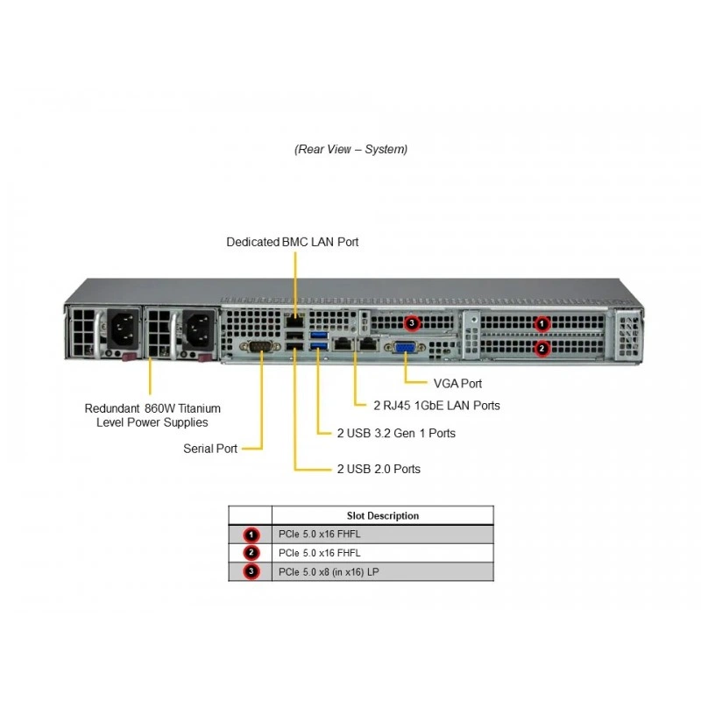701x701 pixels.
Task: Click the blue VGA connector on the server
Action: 404,346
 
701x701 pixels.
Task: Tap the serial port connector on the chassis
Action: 259,346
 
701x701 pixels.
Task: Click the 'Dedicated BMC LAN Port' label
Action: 293,242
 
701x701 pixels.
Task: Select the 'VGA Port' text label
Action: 457,384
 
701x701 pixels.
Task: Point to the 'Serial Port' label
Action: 210,449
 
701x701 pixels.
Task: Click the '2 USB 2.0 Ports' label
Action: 379,469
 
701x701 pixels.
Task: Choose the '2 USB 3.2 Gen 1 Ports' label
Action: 396,433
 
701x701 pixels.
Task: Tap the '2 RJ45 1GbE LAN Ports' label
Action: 436,406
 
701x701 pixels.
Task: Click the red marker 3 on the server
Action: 412,322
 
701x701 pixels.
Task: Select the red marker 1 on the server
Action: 542,323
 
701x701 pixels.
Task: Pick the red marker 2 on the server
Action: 542,348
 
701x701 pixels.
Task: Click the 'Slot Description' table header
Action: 383,515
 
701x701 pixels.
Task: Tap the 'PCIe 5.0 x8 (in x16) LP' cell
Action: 329,572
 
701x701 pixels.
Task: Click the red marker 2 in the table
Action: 251,553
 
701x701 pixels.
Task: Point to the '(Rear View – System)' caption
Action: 351,149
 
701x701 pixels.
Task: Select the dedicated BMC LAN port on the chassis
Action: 294,321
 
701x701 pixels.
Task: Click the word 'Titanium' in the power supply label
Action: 199,408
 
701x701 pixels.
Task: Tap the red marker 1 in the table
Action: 251,535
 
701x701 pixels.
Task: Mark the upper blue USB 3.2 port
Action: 319,335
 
